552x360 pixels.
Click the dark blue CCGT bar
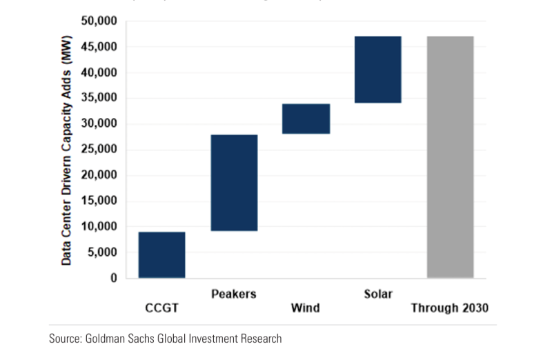[161, 254]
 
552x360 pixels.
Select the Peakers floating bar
[234, 182]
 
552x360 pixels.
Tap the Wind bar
[306, 119]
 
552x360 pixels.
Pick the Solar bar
[377, 69]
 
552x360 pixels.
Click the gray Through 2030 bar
[450, 157]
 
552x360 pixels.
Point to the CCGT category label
[162, 308]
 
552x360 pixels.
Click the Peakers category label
[233, 294]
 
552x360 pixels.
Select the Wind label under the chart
[305, 308]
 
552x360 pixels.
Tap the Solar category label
[377, 294]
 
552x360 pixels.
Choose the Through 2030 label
[450, 308]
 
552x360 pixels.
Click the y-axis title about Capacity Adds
[67, 150]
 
